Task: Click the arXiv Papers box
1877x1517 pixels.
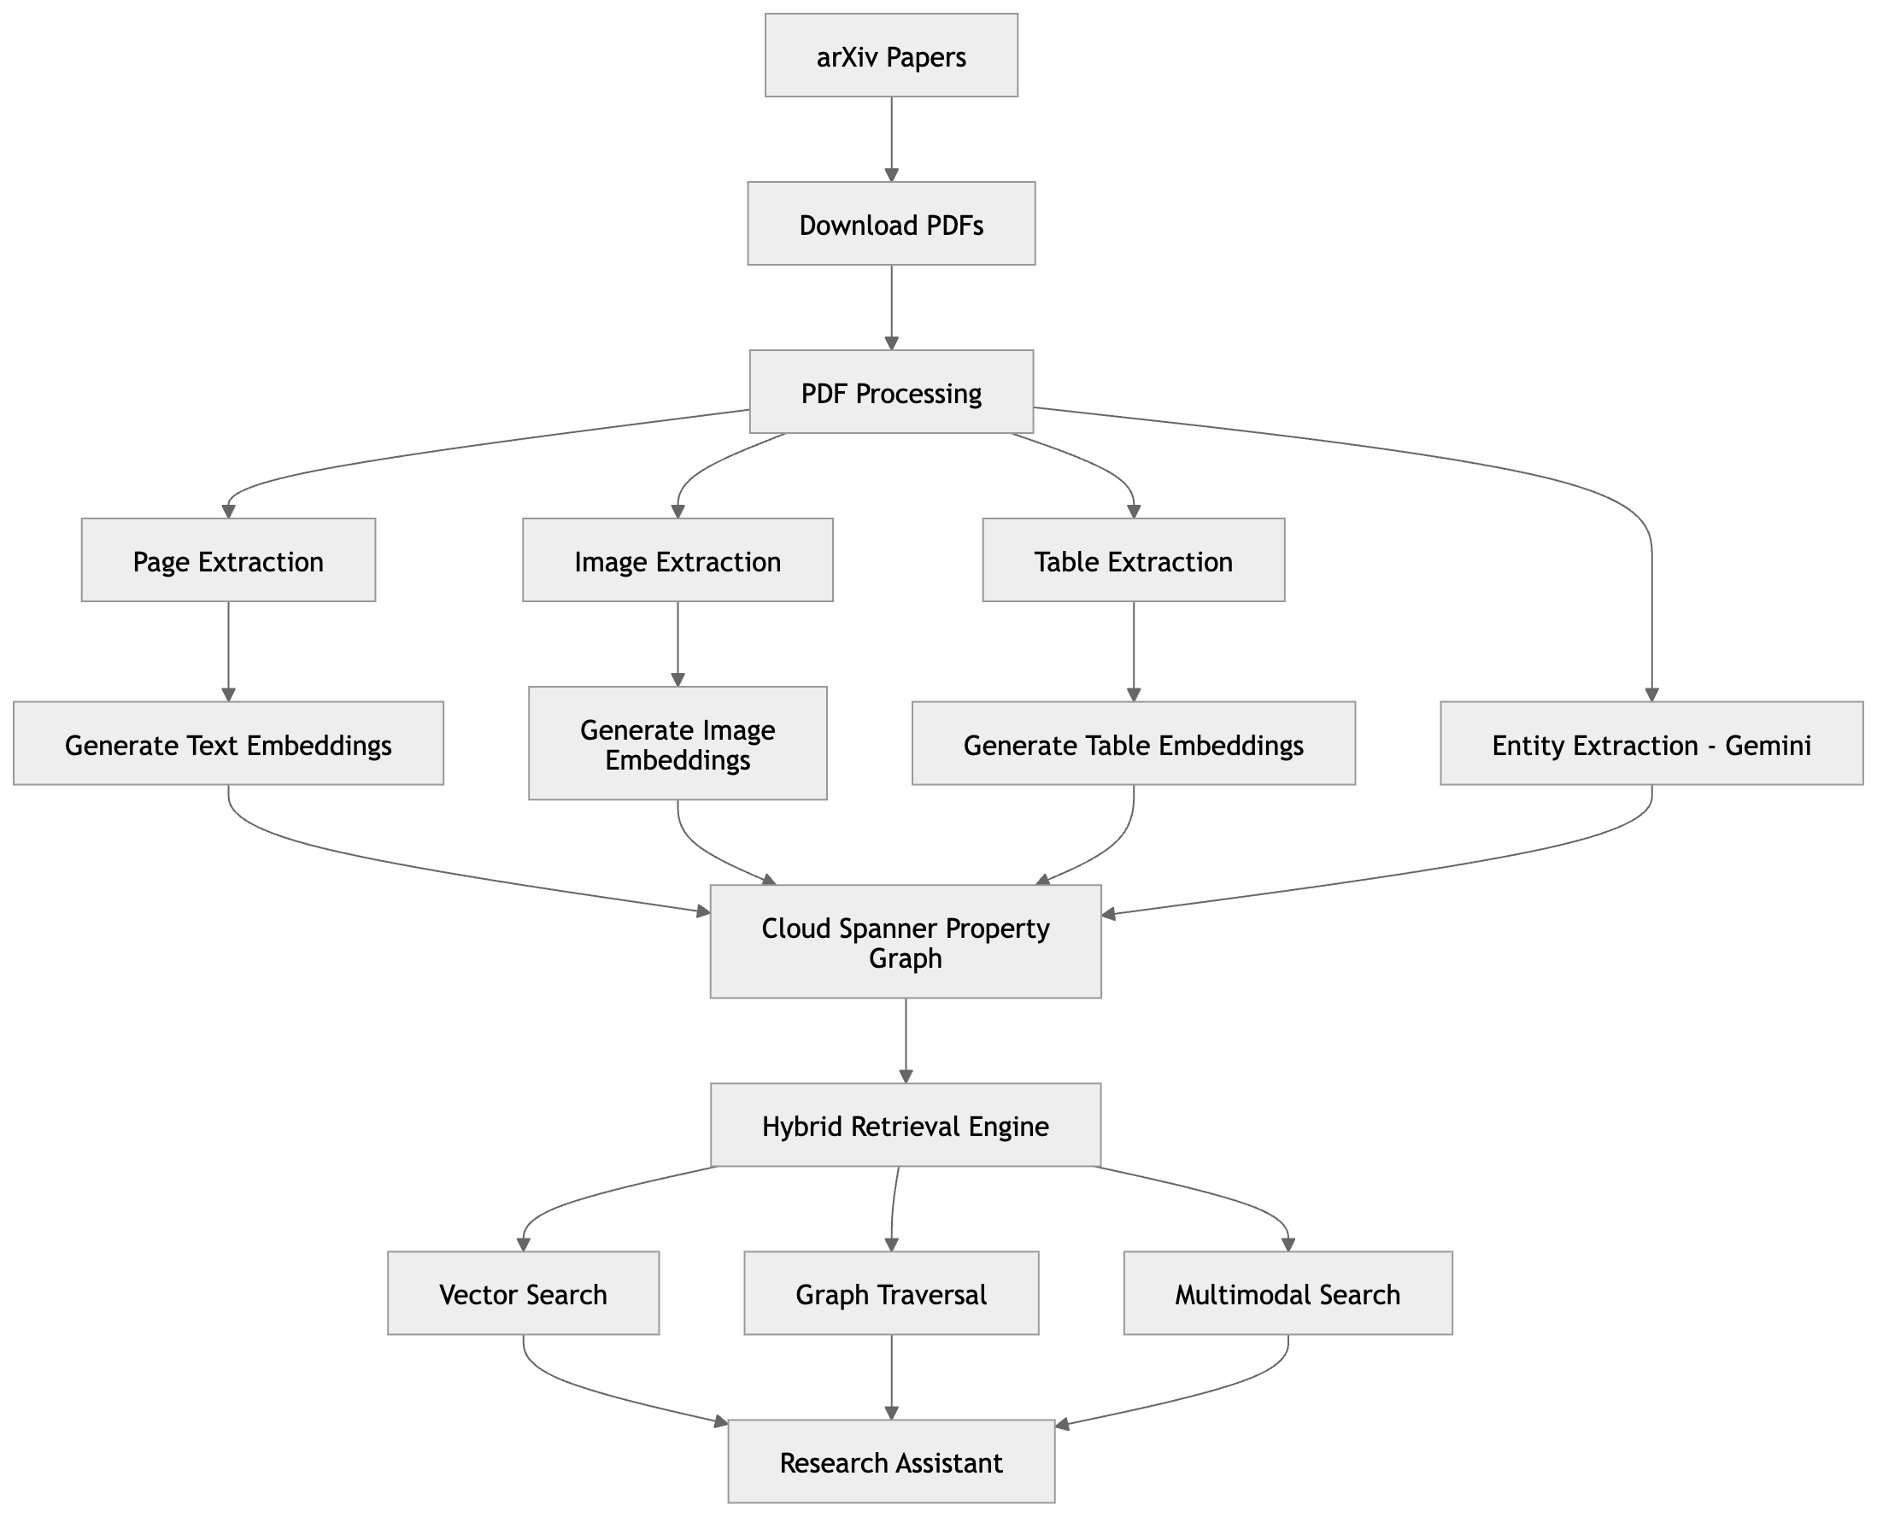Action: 890,55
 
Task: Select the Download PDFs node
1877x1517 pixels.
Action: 890,224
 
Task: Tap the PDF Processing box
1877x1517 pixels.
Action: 890,392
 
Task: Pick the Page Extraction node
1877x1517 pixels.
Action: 228,560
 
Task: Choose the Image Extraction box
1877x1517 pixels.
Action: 677,560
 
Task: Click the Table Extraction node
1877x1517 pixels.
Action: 1133,560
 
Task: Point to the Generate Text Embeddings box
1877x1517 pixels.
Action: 228,744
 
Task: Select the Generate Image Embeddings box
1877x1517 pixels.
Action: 677,744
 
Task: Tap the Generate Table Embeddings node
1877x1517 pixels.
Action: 1133,744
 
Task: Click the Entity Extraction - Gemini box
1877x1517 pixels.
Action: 1651,744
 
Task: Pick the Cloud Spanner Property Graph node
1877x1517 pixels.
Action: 906,942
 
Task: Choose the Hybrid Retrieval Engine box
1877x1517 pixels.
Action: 906,1126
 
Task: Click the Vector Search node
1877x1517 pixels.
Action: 523,1293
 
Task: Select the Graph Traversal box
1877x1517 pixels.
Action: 890,1293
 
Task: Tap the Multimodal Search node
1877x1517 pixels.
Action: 1288,1293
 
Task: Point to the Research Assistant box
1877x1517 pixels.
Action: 890,1462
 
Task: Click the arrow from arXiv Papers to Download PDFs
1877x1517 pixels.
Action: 890,139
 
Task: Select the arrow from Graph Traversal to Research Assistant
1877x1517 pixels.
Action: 890,1377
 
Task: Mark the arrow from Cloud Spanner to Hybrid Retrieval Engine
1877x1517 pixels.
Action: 906,1040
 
